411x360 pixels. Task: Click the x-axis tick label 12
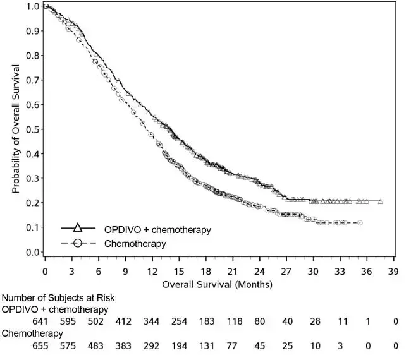[x=152, y=272]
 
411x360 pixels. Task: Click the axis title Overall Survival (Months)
[x=217, y=284]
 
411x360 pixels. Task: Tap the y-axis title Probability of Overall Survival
[x=15, y=129]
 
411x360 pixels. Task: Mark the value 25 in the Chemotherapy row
[x=287, y=345]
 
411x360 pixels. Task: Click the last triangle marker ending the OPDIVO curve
[x=380, y=201]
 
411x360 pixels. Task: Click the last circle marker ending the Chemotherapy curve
[x=360, y=223]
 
